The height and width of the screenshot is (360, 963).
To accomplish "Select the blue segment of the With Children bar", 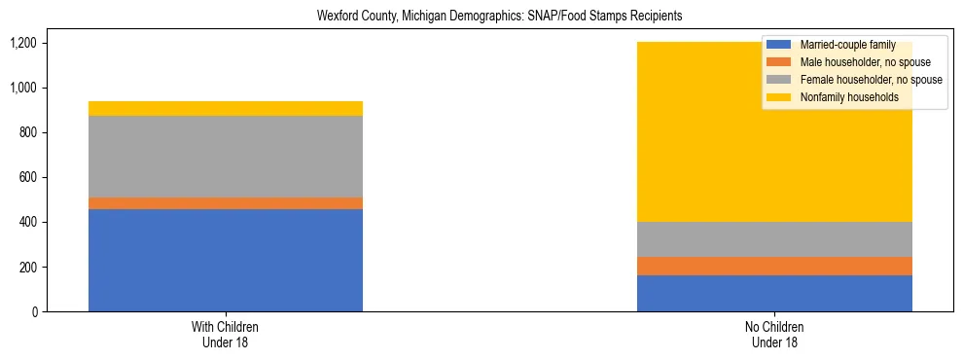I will point(226,260).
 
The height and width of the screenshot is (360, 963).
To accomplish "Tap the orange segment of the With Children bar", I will point(226,203).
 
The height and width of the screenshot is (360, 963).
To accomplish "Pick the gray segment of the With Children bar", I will point(226,157).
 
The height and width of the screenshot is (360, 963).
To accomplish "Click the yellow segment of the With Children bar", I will point(226,108).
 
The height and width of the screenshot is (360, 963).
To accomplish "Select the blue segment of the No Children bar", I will point(774,293).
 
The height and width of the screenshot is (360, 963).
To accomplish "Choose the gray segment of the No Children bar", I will point(774,239).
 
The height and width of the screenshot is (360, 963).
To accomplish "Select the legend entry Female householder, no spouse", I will point(857,80).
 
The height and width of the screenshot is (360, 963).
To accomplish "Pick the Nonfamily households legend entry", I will point(841,97).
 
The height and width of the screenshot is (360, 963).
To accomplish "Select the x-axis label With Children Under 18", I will point(226,334).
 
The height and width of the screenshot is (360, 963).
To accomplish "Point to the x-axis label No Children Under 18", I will point(774,334).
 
